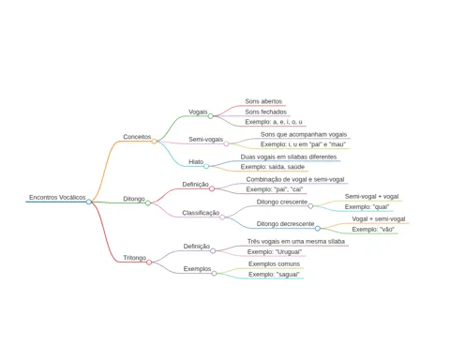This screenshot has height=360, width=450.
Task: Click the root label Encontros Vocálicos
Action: pyautogui.click(x=57, y=198)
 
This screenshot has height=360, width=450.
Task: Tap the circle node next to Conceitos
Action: pyautogui.click(x=154, y=142)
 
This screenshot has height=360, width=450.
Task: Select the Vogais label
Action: pyautogui.click(x=198, y=112)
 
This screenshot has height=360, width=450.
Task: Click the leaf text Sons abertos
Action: pyautogui.click(x=263, y=101)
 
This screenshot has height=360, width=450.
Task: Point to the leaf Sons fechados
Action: pyautogui.click(x=265, y=112)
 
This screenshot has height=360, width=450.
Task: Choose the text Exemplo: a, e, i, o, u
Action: pyautogui.click(x=274, y=122)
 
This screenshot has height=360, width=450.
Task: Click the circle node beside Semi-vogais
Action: pyautogui.click(x=226, y=143)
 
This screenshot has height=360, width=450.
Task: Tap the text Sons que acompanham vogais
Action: pyautogui.click(x=304, y=134)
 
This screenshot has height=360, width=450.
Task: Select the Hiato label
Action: pyautogui.click(x=196, y=162)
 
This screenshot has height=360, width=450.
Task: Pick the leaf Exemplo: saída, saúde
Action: pyautogui.click(x=273, y=167)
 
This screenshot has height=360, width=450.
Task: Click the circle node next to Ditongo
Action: pyautogui.click(x=148, y=203)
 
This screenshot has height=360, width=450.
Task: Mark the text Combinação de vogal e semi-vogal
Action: pyautogui.click(x=295, y=180)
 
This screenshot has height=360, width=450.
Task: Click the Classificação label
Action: pyautogui.click(x=201, y=213)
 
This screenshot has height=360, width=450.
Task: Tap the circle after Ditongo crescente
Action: pyautogui.click(x=310, y=206)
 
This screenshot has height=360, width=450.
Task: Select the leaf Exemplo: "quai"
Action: pyautogui.click(x=367, y=207)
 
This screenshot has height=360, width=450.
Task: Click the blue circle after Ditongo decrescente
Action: pyautogui.click(x=318, y=229)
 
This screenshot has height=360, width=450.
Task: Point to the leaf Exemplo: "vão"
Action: pyautogui.click(x=373, y=230)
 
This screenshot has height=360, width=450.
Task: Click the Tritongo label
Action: pyautogui.click(x=135, y=258)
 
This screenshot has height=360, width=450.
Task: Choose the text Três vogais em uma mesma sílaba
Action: pyautogui.click(x=296, y=242)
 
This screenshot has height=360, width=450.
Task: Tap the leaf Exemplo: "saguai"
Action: pyautogui.click(x=274, y=275)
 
